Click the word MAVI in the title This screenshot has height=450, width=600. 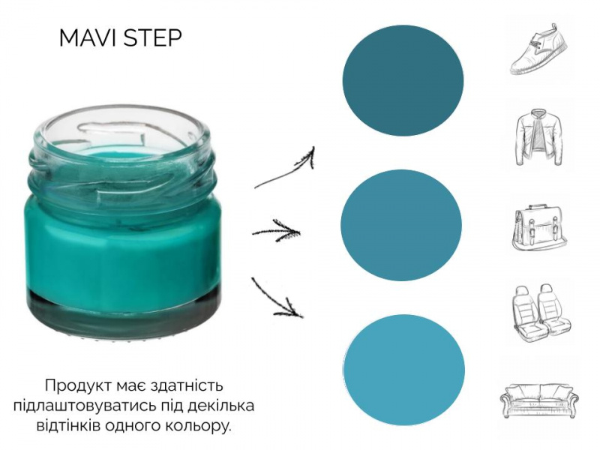pyautogui.click(x=88, y=38)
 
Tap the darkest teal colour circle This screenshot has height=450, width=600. pyautogui.click(x=403, y=81)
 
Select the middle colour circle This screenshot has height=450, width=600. pyautogui.click(x=401, y=225)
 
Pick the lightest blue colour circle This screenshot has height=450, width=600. pyautogui.click(x=404, y=370)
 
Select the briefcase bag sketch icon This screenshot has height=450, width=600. pyautogui.click(x=538, y=227)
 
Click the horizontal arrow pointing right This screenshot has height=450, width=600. pyautogui.click(x=276, y=231)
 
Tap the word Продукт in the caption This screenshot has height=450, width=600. pyautogui.click(x=76, y=385)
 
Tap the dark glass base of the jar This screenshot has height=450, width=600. pyautogui.click(x=125, y=310)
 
